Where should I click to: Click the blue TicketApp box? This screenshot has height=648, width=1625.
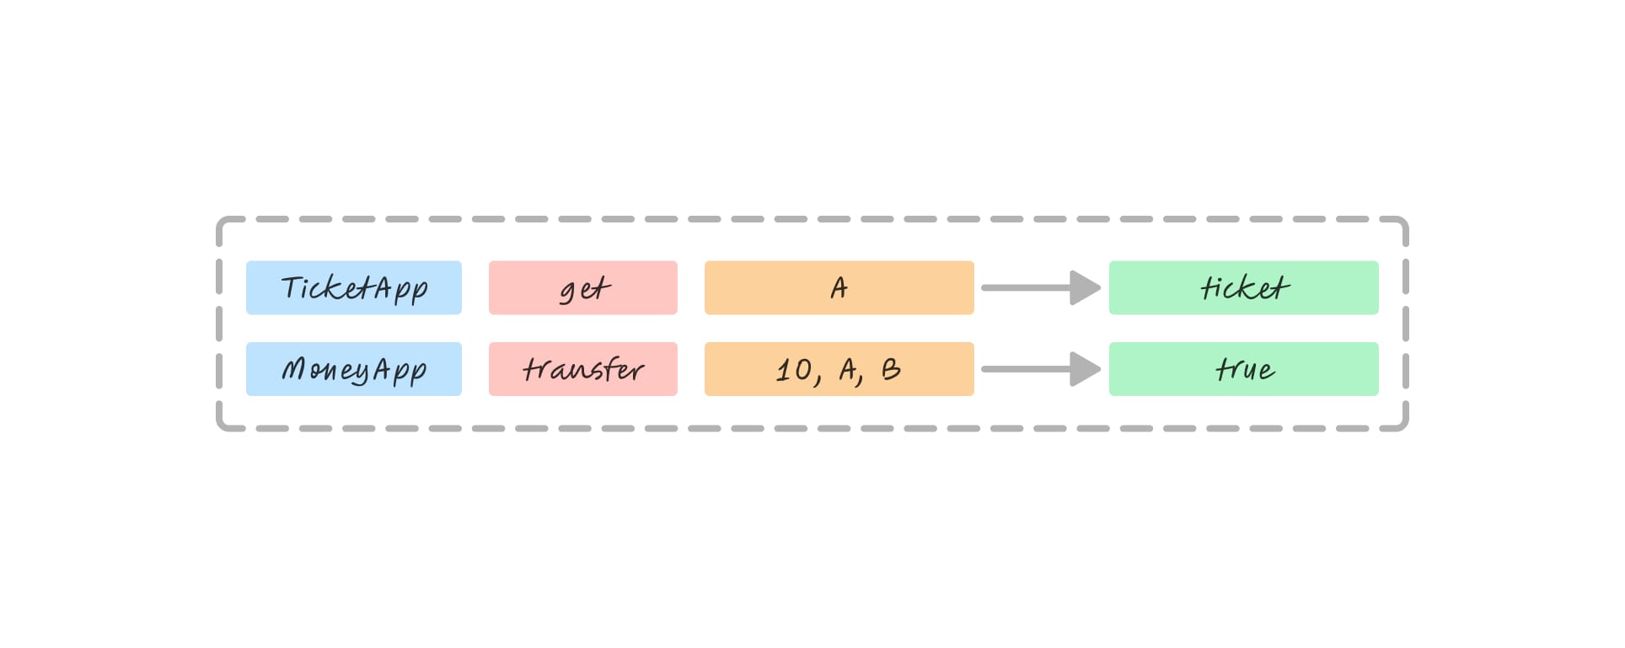point(353,288)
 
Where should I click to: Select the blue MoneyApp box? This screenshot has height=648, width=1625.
point(353,369)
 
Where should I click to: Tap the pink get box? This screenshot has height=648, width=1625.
point(582,288)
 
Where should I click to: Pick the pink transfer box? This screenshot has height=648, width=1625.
point(582,369)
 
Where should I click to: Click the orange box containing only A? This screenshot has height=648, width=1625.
point(839,288)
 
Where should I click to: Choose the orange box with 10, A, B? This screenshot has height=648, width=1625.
point(839,369)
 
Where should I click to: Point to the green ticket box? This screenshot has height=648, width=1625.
point(1243,288)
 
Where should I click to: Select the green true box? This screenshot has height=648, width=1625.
point(1243,369)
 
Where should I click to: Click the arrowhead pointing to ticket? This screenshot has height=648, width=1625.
point(1085,287)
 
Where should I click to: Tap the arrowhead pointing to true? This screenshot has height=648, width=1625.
point(1085,369)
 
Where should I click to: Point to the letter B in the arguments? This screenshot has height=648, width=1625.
point(891,369)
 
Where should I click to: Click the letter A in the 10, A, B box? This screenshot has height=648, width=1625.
point(848,369)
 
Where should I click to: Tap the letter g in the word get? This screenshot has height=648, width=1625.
point(569,292)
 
